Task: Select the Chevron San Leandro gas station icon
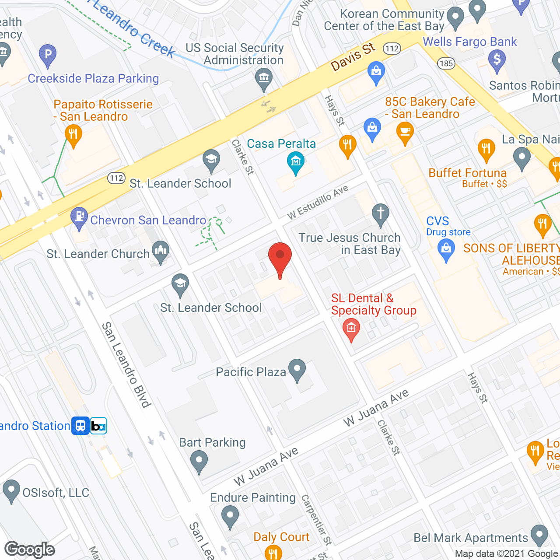click(x=79, y=217)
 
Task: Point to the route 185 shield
click(x=446, y=63)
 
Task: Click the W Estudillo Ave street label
click(x=318, y=202)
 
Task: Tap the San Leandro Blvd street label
click(x=126, y=364)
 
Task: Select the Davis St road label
click(x=353, y=57)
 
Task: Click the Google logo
click(x=30, y=549)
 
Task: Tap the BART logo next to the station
click(x=98, y=426)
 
